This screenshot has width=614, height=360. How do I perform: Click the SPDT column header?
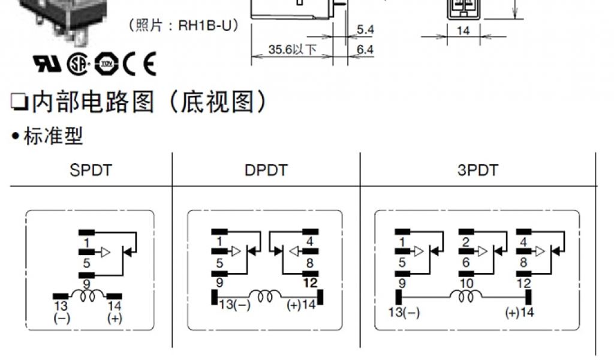pos(91,170)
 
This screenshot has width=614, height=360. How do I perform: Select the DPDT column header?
pos(266,170)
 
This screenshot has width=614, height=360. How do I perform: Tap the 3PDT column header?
pos(477,170)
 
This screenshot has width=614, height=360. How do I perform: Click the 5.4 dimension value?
pos(365,29)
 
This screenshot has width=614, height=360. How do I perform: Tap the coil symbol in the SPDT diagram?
pos(88,296)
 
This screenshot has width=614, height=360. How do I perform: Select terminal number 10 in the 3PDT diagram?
pos(466,283)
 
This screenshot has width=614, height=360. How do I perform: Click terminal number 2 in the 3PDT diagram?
pos(466,242)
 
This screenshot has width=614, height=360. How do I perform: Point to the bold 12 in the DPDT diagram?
pos(310,283)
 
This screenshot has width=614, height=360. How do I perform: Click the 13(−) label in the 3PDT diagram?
pos(404,312)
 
